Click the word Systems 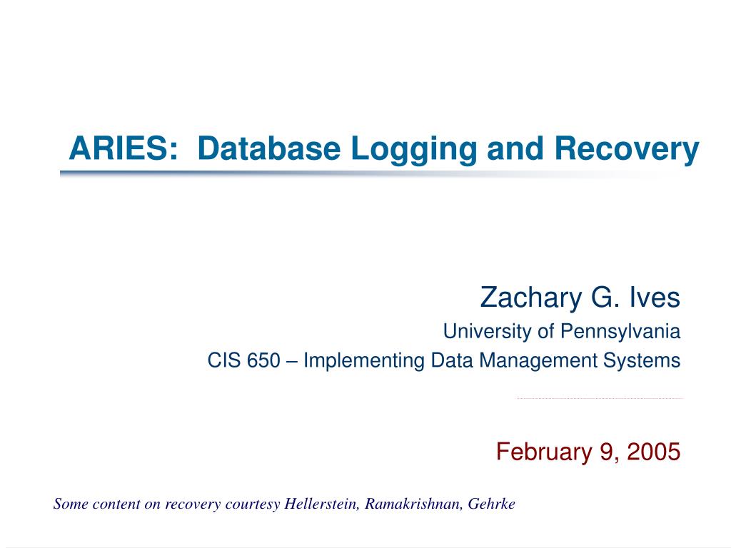[x=644, y=361]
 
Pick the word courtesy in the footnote [x=254, y=504]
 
